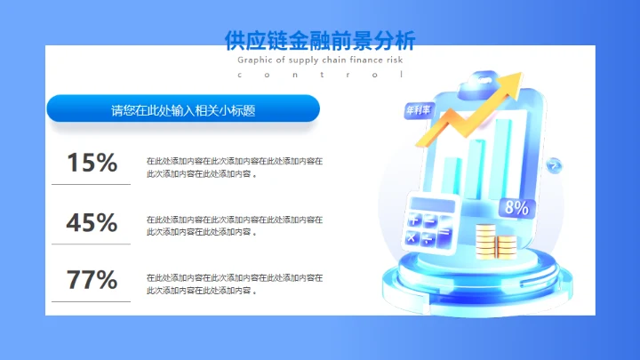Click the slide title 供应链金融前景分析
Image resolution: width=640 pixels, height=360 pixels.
(x=320, y=40)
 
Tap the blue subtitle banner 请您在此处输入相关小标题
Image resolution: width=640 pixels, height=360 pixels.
(x=183, y=110)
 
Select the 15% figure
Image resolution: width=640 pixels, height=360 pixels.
(x=92, y=163)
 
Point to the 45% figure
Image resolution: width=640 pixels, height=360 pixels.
(x=92, y=222)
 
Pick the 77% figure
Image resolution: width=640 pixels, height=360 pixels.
(x=92, y=280)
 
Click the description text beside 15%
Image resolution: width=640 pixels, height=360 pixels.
(x=234, y=167)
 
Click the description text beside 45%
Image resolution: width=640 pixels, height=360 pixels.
(x=234, y=225)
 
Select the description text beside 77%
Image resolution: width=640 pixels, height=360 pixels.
(x=234, y=284)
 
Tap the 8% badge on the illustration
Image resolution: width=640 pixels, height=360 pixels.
(x=516, y=208)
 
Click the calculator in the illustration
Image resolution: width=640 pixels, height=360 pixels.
(x=430, y=222)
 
